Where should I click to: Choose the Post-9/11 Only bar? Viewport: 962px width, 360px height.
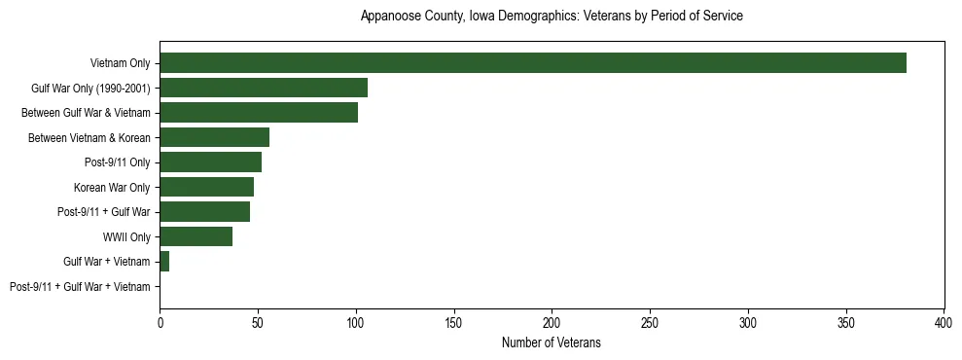tap(210, 162)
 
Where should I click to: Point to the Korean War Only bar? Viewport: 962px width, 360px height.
tap(206, 187)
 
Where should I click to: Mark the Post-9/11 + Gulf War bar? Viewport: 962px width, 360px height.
tap(204, 212)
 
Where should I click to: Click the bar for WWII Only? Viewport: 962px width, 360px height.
tap(196, 236)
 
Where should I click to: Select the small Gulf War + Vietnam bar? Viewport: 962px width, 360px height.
tap(164, 262)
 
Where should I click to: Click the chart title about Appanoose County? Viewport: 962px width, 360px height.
tap(552, 17)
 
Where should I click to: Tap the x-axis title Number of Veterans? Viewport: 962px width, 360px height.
tap(552, 342)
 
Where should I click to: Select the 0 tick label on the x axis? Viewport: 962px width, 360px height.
tap(160, 322)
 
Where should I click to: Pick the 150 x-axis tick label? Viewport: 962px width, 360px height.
tap(454, 322)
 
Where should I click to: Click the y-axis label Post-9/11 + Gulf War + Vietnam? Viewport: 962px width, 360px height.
tap(80, 287)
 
